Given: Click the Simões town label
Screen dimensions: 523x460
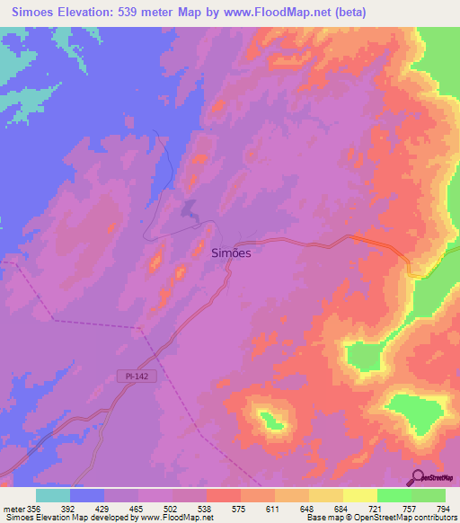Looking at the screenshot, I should pos(230,253).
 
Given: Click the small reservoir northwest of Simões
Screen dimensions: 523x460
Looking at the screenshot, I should pos(190,209).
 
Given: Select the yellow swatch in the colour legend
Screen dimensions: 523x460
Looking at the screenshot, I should pos(359,495).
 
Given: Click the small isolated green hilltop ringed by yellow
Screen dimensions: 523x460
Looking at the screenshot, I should pos(268,417).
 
